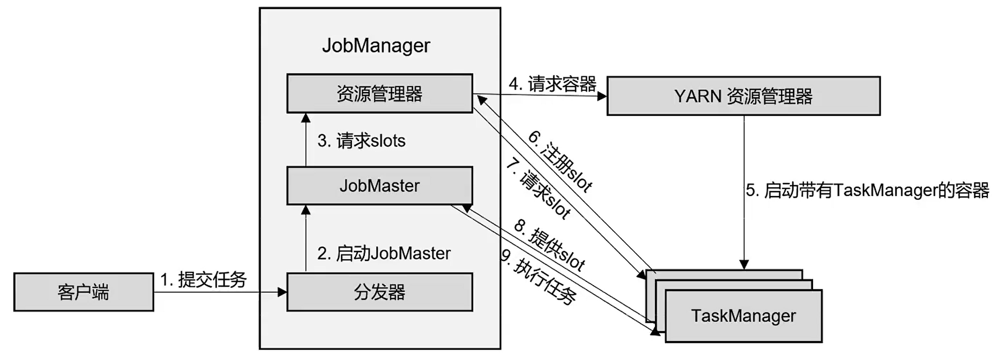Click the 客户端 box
coord(83,292)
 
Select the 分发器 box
coord(379,292)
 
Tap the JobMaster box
coord(379,186)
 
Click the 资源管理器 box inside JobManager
coord(379,94)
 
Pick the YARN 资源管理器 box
coord(743,96)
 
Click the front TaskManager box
coord(743,316)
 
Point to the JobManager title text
coord(376,45)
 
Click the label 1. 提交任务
coord(204,279)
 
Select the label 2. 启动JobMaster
coord(384,253)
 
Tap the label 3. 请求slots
coord(361,141)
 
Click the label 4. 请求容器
coord(552,84)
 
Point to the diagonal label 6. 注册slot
coord(561,160)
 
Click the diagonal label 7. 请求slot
coord(538,188)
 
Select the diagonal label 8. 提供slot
coord(549,245)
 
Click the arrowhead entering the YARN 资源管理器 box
coord(601,96)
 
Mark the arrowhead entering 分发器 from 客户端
coord(281,292)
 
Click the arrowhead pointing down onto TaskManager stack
coord(744,265)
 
